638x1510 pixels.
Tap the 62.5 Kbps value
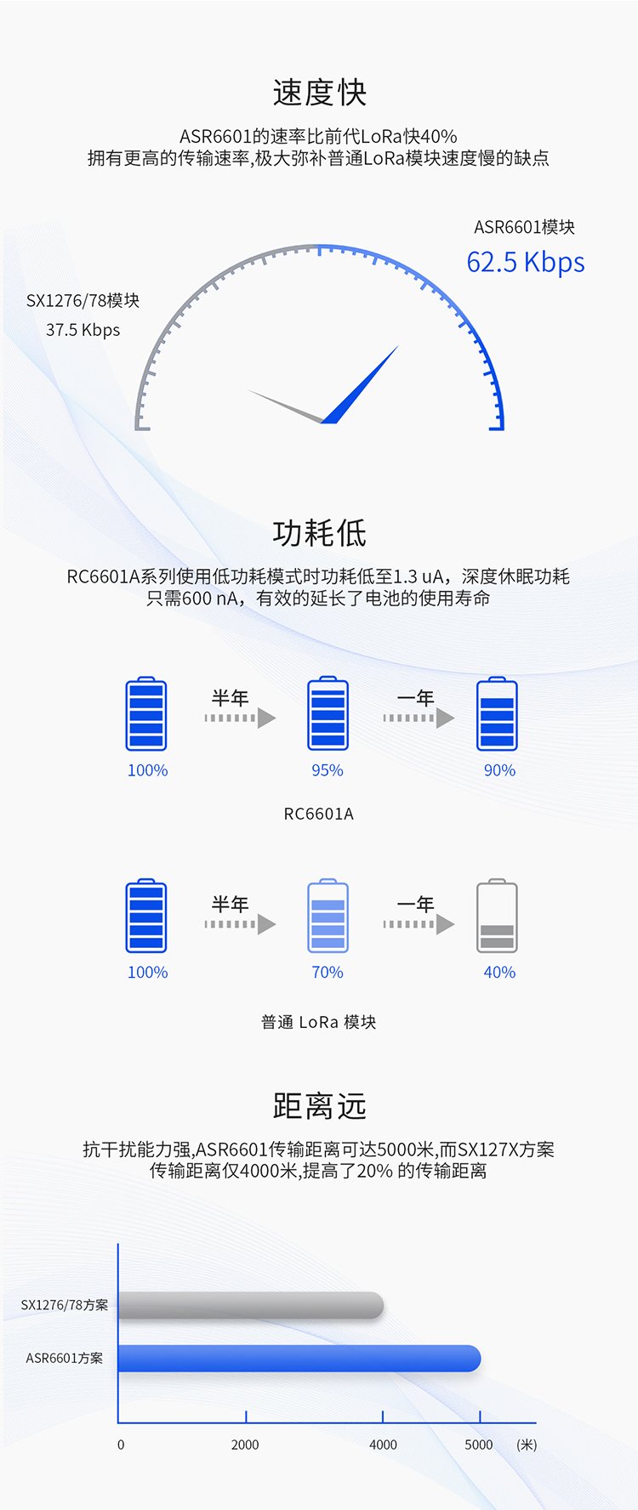(x=525, y=262)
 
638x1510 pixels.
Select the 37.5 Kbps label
(x=83, y=330)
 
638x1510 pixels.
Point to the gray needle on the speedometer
(x=286, y=406)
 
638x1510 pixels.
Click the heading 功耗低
(x=319, y=533)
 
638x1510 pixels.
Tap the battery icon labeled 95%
(x=328, y=713)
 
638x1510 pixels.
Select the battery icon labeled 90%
(x=497, y=713)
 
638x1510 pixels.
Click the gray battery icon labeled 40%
(x=497, y=916)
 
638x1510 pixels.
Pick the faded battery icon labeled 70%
(x=328, y=916)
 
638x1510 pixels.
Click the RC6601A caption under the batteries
(x=318, y=814)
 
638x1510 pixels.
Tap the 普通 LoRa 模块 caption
(x=318, y=1022)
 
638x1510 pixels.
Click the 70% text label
(x=328, y=972)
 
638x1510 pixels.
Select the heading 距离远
(x=319, y=1106)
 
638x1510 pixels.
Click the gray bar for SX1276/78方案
(x=251, y=1305)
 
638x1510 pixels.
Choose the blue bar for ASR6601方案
(x=299, y=1358)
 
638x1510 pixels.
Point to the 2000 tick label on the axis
(x=245, y=1445)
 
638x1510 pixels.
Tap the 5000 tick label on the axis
(x=479, y=1445)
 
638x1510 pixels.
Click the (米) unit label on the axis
(x=527, y=1445)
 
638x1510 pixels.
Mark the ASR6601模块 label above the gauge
(x=524, y=227)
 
